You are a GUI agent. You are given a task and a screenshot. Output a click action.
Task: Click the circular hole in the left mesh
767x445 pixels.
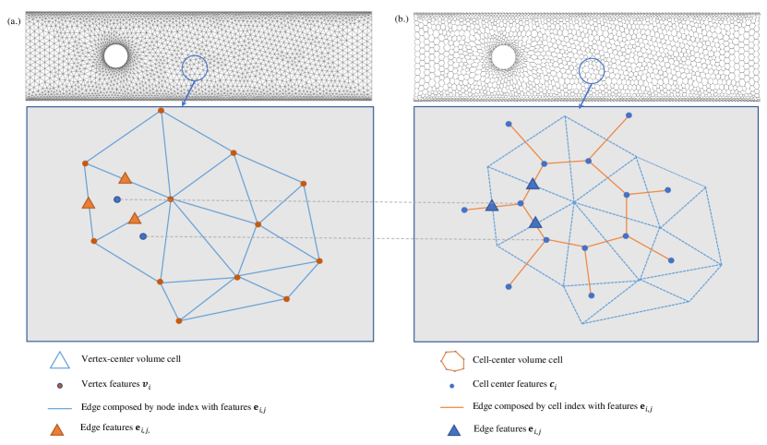115,56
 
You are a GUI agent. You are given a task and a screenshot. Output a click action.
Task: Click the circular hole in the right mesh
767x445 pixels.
503,57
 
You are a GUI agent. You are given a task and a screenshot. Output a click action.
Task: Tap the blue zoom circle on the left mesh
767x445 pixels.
195,66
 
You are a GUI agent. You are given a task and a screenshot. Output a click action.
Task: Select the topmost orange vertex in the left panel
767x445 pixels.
161,111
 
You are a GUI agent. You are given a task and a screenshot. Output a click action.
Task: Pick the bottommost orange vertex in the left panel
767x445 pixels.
179,320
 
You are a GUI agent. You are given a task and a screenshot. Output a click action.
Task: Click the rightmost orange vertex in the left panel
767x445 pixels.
319,260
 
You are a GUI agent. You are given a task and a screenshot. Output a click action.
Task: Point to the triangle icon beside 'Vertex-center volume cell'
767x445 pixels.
60,361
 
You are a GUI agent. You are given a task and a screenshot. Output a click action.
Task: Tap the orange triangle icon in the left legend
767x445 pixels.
57,429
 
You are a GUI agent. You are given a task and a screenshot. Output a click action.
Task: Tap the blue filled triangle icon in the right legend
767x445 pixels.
453,429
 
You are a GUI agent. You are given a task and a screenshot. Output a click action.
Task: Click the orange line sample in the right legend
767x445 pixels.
451,406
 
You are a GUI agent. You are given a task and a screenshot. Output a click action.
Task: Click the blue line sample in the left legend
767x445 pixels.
60,406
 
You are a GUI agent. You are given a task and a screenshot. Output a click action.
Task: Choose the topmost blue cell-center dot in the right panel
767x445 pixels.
629,115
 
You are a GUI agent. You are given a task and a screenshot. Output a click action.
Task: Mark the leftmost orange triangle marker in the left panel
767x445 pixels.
89,203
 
